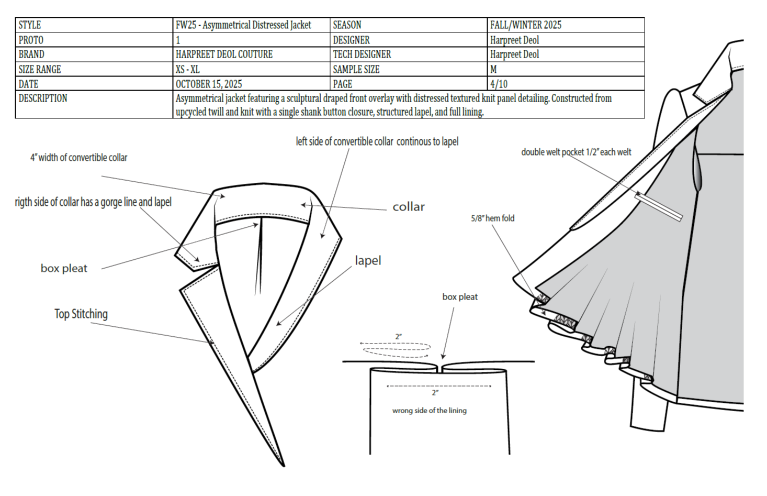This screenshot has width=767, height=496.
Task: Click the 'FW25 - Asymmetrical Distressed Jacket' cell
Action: [243, 25]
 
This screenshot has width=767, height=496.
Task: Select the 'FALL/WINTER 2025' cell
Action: [525, 25]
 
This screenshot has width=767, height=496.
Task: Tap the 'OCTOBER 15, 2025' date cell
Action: [209, 84]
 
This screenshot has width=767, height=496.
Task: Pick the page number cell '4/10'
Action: [499, 84]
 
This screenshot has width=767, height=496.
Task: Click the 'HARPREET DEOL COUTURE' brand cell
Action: [224, 54]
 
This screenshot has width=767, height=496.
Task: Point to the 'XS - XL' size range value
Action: [187, 70]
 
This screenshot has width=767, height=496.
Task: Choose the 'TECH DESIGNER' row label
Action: [362, 54]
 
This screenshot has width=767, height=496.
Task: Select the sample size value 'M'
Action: [493, 70]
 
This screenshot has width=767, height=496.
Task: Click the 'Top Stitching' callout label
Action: [81, 314]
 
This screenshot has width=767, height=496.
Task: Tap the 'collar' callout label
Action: [409, 207]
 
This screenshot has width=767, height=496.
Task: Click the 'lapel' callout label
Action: [368, 260]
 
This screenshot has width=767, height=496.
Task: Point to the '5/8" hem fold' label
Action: [492, 218]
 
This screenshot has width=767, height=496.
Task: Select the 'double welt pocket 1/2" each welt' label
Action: [576, 152]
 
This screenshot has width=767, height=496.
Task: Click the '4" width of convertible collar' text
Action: [78, 158]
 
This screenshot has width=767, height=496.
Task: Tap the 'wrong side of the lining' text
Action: [429, 411]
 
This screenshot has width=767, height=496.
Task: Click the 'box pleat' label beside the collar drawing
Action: [64, 269]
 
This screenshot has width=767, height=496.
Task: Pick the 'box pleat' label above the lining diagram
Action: [460, 297]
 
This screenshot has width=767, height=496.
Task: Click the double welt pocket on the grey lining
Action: [659, 207]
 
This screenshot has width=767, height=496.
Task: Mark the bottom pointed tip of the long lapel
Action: [283, 465]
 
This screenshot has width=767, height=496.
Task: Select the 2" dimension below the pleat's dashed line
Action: [435, 393]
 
